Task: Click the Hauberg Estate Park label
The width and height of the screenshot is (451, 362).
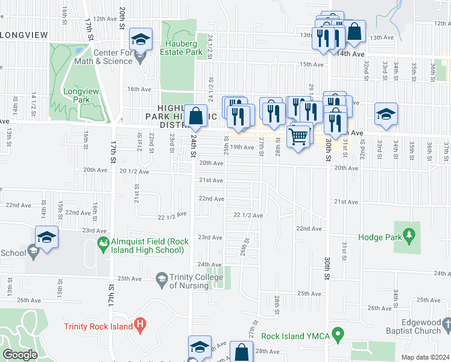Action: (x=184, y=48)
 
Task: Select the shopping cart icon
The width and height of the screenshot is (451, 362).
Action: (x=298, y=136)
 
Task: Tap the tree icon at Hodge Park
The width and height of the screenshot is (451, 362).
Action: (x=411, y=234)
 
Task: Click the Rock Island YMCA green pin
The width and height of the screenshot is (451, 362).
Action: (x=338, y=333)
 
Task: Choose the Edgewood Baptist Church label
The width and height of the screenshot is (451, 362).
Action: (x=415, y=326)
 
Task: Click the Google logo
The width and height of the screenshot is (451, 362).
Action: (x=20, y=355)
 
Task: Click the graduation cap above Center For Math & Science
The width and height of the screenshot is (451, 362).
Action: (x=140, y=40)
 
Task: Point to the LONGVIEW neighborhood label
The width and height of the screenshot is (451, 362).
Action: (x=24, y=35)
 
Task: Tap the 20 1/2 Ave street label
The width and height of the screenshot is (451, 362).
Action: (x=134, y=171)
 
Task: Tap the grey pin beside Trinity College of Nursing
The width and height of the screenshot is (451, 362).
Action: (x=162, y=279)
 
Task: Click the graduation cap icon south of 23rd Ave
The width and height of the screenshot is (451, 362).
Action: (x=46, y=237)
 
